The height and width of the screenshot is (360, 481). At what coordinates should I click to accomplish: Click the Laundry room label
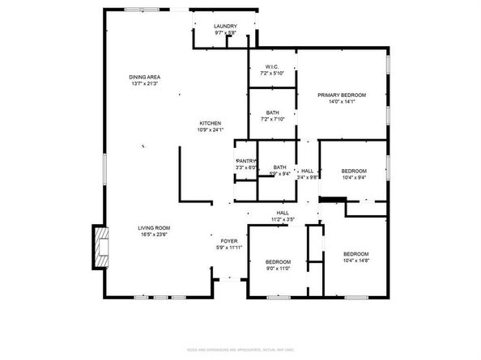pyautogui.click(x=225, y=27)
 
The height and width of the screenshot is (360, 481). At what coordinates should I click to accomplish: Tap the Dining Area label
pyautogui.click(x=144, y=77)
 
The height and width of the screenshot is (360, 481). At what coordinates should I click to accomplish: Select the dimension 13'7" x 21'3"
pyautogui.click(x=144, y=83)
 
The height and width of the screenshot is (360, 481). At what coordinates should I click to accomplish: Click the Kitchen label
pyautogui.click(x=210, y=123)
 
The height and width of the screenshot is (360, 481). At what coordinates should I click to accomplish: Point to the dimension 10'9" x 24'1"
pyautogui.click(x=210, y=129)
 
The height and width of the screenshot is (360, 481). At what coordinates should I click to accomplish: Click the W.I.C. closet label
pyautogui.click(x=270, y=67)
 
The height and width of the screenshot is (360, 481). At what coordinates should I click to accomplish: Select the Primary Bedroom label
pyautogui.click(x=342, y=95)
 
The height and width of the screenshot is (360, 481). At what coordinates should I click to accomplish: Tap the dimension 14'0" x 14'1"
pyautogui.click(x=342, y=101)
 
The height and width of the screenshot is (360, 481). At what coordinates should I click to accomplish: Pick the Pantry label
pyautogui.click(x=246, y=160)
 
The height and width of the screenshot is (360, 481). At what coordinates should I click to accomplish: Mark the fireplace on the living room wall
pyautogui.click(x=100, y=247)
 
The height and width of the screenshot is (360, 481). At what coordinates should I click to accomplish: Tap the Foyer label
pyautogui.click(x=229, y=241)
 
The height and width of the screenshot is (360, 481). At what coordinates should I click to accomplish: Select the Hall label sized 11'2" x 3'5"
pyautogui.click(x=283, y=213)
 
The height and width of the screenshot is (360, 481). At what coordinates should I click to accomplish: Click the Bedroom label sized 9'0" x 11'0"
pyautogui.click(x=279, y=261)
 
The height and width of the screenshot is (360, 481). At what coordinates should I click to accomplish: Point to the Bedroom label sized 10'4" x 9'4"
pyautogui.click(x=354, y=171)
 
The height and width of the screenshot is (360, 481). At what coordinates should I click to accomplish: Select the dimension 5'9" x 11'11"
pyautogui.click(x=229, y=248)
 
